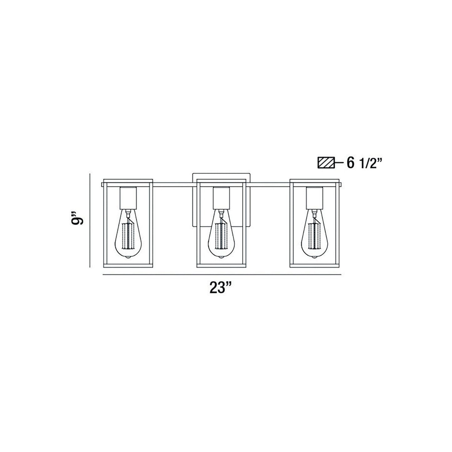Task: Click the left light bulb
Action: (x=128, y=231)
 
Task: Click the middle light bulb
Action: (x=221, y=231)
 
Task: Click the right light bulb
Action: (x=314, y=231)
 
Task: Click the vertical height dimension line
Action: (x=90, y=221)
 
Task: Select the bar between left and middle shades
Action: (x=175, y=185)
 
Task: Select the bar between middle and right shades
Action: (x=268, y=185)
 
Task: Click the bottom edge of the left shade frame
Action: (x=128, y=266)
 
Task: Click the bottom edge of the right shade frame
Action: (x=315, y=266)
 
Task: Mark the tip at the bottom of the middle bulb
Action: (x=221, y=256)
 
